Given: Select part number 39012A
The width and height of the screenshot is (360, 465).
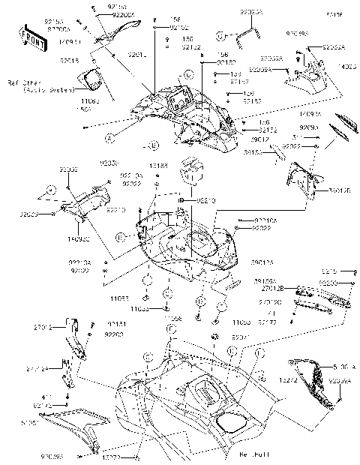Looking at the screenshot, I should point(262,262).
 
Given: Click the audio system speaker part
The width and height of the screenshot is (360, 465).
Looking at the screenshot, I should point(94,79).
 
